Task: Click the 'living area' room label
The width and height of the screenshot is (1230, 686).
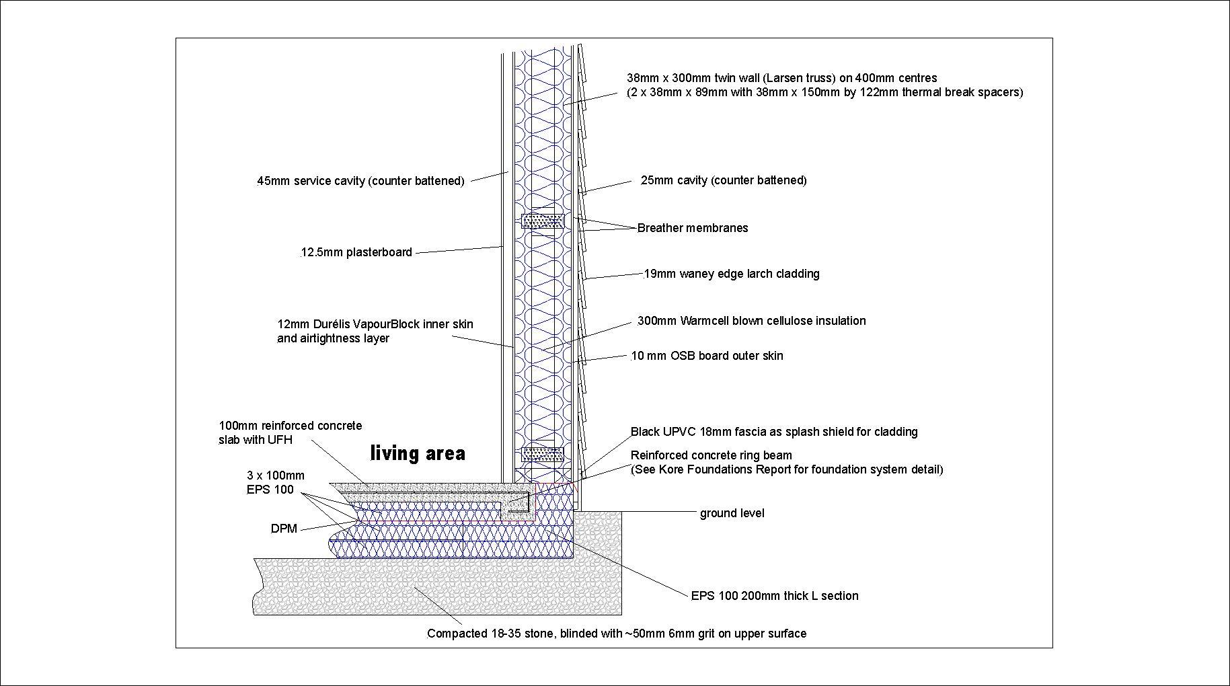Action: [x=418, y=453]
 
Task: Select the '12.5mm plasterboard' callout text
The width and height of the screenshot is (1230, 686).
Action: [x=356, y=253]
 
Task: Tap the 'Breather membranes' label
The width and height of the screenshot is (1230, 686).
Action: [x=693, y=228]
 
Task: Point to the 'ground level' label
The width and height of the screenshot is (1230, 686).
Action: [x=732, y=513]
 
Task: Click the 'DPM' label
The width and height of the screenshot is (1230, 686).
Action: [x=284, y=529]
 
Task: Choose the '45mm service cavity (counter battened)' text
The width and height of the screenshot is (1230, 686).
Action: [x=360, y=181]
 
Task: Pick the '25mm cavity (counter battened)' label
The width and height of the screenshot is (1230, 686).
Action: [x=724, y=180]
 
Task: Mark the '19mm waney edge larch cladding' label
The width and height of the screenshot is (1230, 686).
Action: [x=732, y=274]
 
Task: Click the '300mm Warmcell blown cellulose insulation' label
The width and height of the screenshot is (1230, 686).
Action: [x=752, y=321]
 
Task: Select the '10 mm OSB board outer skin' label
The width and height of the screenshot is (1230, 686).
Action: [x=707, y=356]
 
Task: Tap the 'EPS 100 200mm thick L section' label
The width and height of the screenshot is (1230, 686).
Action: [x=775, y=596]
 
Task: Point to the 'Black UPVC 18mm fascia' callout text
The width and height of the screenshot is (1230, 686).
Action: [x=692, y=432]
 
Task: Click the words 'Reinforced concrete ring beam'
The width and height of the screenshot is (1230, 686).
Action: [x=712, y=455]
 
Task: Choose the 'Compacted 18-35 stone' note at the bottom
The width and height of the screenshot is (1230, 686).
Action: [x=490, y=634]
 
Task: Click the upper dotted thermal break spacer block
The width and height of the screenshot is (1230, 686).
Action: [x=543, y=221]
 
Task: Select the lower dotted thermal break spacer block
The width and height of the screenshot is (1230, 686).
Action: [x=543, y=454]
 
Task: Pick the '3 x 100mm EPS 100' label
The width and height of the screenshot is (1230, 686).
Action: [x=276, y=483]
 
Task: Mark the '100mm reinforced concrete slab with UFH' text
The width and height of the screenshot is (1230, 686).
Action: [x=291, y=432]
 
